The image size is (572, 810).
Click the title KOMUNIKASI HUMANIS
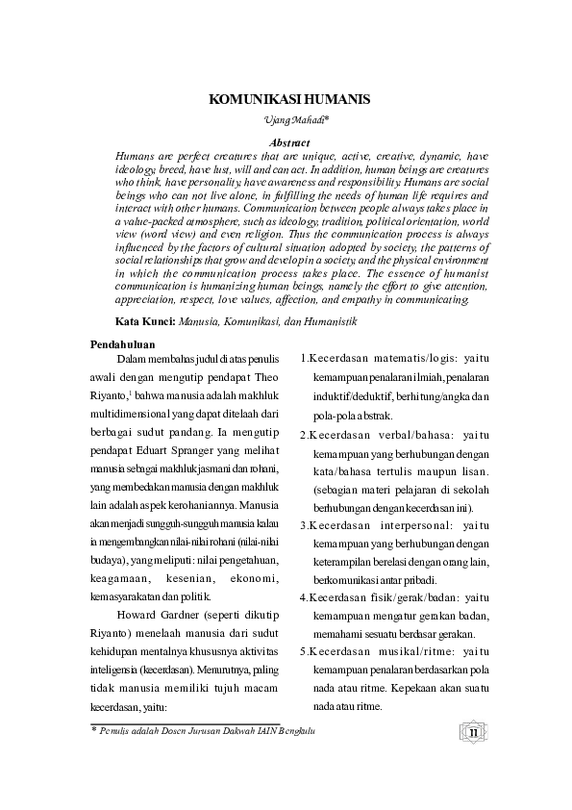tap(289, 99)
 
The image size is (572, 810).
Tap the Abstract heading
tap(289, 141)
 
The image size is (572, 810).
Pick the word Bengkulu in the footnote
tap(294, 732)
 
